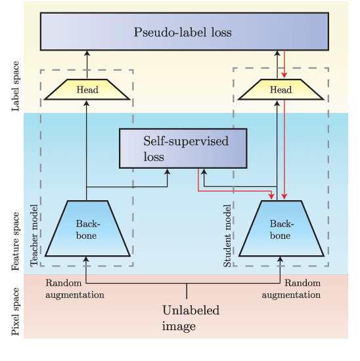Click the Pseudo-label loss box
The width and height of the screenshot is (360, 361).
(x=183, y=32)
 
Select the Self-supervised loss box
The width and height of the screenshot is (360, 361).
(x=183, y=148)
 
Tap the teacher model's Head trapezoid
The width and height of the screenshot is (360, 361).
(x=87, y=89)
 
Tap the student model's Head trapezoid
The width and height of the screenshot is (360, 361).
(x=281, y=89)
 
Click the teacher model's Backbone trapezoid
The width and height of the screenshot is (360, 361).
(x=87, y=228)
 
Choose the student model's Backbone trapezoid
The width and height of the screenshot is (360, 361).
(x=281, y=228)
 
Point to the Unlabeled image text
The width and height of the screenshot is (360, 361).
(x=190, y=318)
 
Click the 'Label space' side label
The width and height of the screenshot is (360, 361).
(x=16, y=86)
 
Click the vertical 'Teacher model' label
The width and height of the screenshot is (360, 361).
(x=35, y=235)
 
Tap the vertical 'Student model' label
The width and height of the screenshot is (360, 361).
(x=228, y=235)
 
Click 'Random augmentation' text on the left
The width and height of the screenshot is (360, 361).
(x=74, y=289)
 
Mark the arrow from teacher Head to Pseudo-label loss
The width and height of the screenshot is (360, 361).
(x=87, y=64)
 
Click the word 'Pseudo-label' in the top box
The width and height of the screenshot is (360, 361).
(x=162, y=32)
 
